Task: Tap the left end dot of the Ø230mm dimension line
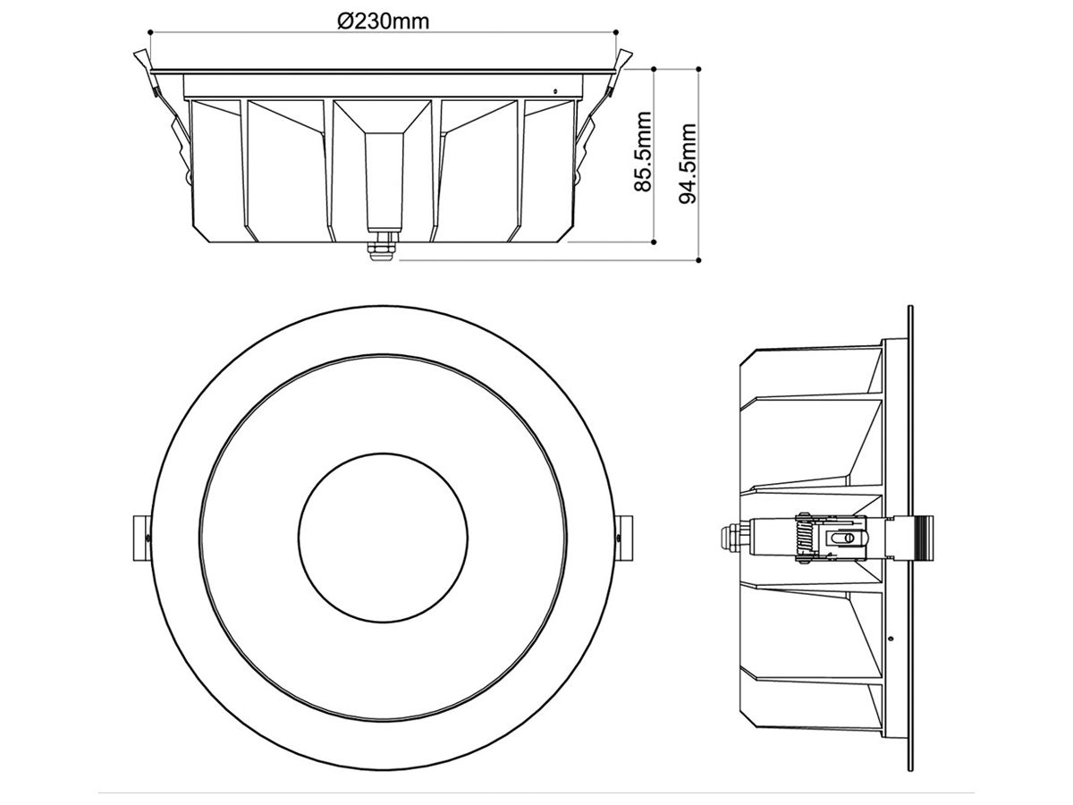pyautogui.click(x=150, y=33)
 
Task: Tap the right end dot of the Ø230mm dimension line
pyautogui.click(x=617, y=33)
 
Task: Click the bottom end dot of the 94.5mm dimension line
pyautogui.click(x=698, y=261)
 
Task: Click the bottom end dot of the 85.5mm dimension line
pyautogui.click(x=655, y=241)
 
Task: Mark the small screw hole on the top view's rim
pyautogui.click(x=555, y=89)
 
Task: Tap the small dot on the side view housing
pyautogui.click(x=891, y=638)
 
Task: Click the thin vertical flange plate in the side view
pyautogui.click(x=910, y=537)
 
